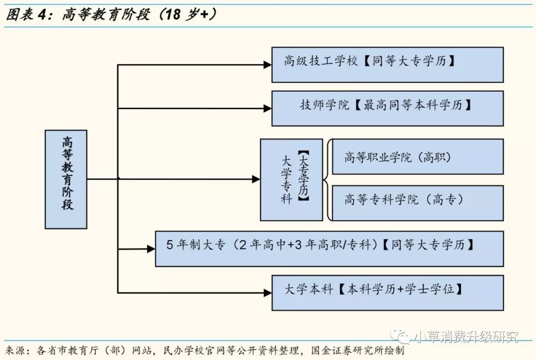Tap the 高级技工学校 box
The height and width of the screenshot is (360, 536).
(387, 64)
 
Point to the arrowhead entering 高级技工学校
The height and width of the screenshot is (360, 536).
(268, 64)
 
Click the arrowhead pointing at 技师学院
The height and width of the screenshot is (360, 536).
(268, 108)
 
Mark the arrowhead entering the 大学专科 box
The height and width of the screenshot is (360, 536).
(256, 179)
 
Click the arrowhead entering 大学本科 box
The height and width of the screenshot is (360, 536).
(268, 293)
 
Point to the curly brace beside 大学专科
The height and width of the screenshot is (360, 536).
(327, 180)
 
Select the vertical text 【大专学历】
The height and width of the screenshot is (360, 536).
(304, 177)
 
